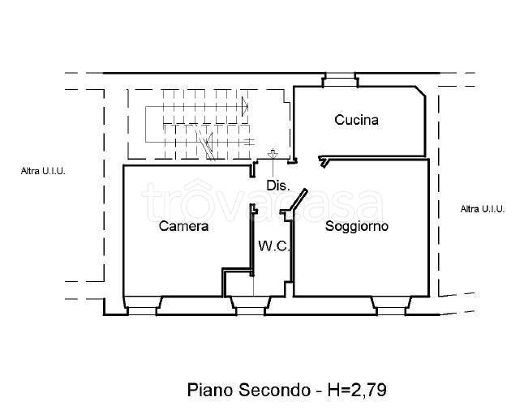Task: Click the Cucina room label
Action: [356, 120]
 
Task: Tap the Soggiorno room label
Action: [356, 226]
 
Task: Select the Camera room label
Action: [183, 226]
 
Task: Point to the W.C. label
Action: [274, 246]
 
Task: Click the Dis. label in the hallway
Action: [277, 186]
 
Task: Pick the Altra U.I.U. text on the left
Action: [43, 171]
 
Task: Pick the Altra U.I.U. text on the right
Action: [482, 209]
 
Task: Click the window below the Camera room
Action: [143, 305]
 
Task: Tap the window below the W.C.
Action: [249, 305]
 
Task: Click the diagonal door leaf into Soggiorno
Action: [297, 201]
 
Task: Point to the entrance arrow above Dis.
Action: [273, 154]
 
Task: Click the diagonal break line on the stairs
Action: [208, 146]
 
